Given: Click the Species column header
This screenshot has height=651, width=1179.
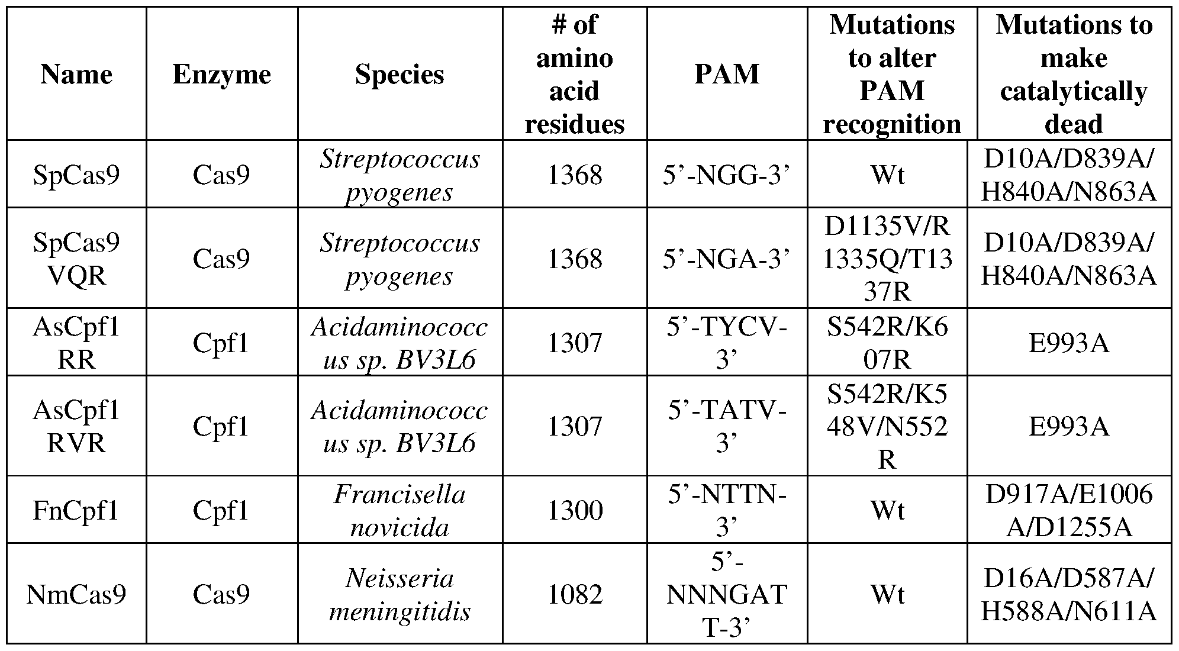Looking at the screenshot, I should tap(400, 75).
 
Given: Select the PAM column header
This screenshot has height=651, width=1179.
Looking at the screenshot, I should tap(727, 75).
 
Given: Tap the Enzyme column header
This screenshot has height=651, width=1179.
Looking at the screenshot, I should tap(222, 75).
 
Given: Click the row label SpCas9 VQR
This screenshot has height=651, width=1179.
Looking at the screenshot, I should tap(76, 259).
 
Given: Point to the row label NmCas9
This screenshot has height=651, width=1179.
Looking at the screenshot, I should tap(76, 594).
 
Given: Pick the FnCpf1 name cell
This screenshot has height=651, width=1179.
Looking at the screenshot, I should tap(76, 510).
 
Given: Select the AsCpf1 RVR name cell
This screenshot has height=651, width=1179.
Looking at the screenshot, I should tap(76, 427).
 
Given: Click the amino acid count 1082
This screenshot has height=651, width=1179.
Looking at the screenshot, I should tap(575, 594).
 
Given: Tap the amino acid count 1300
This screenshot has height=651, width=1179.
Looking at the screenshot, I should tap(575, 510).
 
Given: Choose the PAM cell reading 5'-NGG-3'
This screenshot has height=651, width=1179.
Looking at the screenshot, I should tap(727, 175).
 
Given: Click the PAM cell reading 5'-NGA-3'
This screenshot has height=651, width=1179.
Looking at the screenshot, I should tap(727, 259).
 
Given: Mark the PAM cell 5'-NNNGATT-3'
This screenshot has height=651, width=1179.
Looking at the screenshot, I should tap(727, 594).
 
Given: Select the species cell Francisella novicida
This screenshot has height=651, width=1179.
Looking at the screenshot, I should tap(400, 510).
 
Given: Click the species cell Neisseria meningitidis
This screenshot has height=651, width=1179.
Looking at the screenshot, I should tap(400, 594).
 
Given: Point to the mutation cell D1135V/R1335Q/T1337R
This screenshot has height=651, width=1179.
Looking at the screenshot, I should tap(887, 259).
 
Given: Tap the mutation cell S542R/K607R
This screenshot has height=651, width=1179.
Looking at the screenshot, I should tap(887, 343).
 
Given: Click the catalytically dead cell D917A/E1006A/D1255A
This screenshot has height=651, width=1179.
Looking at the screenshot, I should tap(1069, 510).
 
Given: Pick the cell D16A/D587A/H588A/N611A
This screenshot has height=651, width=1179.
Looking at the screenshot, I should tap(1069, 594).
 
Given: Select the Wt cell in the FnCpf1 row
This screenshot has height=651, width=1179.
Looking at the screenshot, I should tap(887, 510).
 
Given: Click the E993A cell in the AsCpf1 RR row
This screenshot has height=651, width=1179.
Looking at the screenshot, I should tap(1069, 343).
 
